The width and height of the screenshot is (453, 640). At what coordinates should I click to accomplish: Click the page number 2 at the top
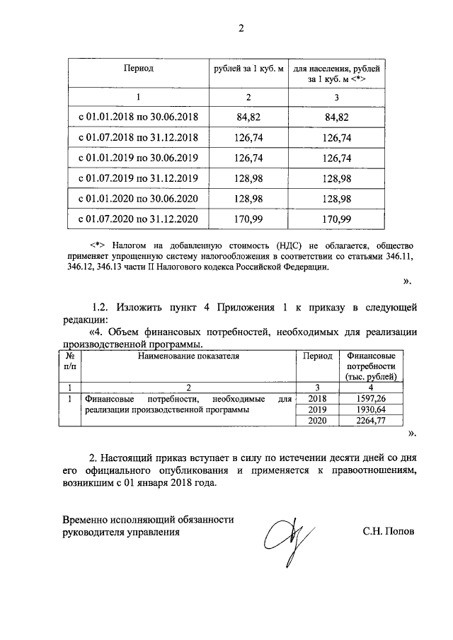[x=241, y=29]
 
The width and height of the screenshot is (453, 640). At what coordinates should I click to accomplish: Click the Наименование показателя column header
[x=188, y=356]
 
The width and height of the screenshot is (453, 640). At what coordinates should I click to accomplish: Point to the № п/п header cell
[x=69, y=361]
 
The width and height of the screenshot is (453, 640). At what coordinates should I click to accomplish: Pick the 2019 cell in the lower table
[x=316, y=410]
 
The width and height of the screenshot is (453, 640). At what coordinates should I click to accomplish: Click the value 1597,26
[x=372, y=399]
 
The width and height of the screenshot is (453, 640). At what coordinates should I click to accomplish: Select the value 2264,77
[x=372, y=421]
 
